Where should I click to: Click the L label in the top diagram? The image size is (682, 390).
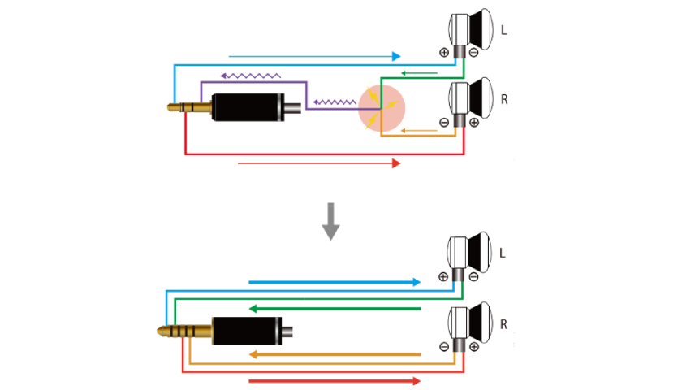click(x=504, y=30)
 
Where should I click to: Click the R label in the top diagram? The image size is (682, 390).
click(x=504, y=100)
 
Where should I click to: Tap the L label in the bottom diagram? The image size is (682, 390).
click(x=503, y=253)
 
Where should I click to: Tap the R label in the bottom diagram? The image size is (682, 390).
click(x=504, y=324)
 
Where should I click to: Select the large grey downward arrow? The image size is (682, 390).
click(x=330, y=221)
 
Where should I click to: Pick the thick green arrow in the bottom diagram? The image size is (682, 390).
click(x=335, y=309)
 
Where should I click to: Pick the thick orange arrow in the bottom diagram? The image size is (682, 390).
click(x=335, y=354)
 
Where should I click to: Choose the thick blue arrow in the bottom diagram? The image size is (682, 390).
click(x=335, y=282)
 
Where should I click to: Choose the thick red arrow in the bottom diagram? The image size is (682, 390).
click(x=335, y=380)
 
